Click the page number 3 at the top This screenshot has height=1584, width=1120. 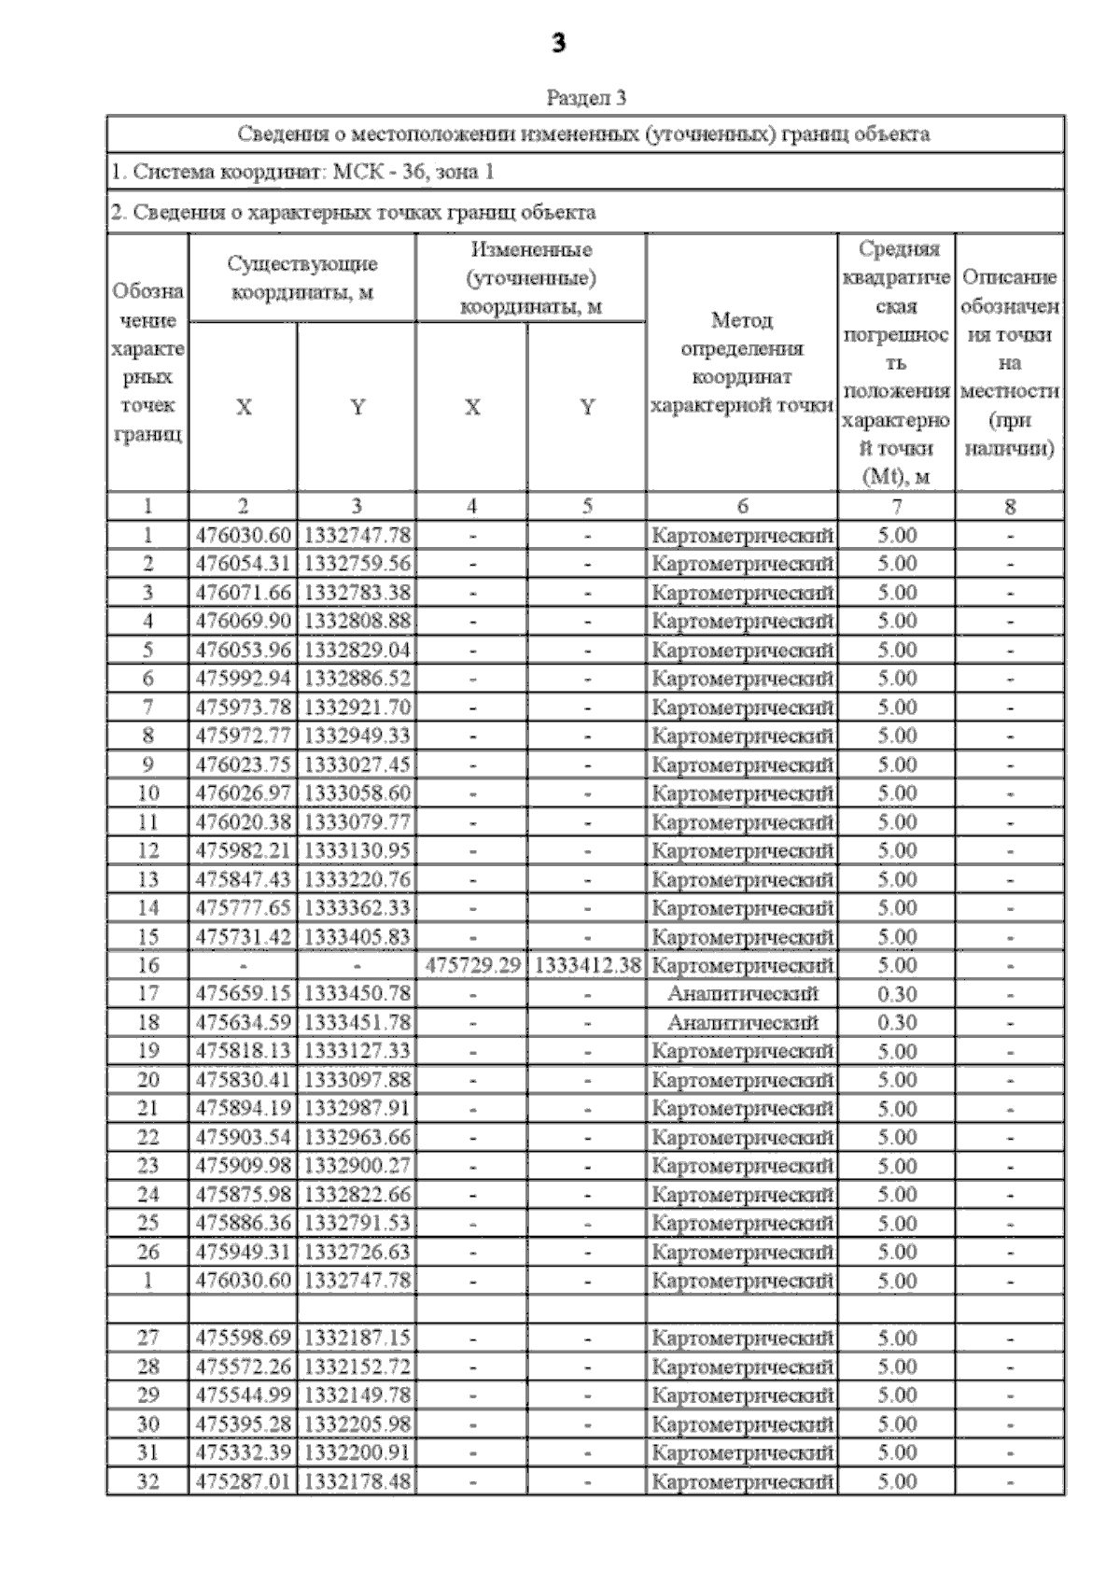(x=558, y=43)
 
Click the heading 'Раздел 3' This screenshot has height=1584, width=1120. (x=585, y=97)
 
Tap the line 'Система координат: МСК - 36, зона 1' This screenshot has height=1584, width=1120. (x=302, y=172)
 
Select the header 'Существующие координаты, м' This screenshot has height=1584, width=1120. (x=301, y=278)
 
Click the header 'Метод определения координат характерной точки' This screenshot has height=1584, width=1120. (x=742, y=362)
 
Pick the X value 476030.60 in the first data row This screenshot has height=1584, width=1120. (x=243, y=536)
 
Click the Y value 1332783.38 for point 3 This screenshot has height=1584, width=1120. (x=357, y=593)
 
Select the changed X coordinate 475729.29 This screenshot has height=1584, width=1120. (x=472, y=965)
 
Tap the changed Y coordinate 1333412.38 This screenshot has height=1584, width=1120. (x=587, y=965)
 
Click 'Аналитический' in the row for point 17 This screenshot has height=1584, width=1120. (x=742, y=994)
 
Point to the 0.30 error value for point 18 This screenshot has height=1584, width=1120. (x=896, y=1023)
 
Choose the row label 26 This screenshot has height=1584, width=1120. (x=147, y=1252)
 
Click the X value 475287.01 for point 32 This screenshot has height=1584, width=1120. (x=243, y=1481)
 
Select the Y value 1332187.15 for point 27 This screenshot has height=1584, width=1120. (x=357, y=1338)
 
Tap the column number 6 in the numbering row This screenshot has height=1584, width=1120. (x=742, y=506)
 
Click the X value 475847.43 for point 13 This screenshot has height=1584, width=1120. (x=243, y=879)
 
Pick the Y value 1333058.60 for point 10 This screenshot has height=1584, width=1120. (x=357, y=793)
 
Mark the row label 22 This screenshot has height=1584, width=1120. (x=147, y=1137)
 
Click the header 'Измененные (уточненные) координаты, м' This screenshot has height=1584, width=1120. (x=530, y=278)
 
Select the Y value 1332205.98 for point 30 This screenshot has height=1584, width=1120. (x=357, y=1424)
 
